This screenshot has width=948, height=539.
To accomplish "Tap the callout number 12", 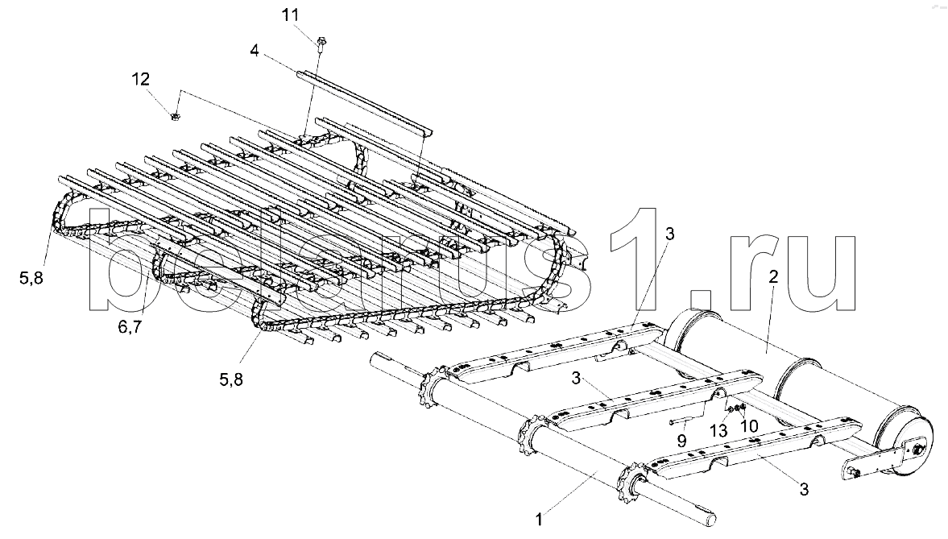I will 140,79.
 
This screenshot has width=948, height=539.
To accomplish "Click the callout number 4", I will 254,50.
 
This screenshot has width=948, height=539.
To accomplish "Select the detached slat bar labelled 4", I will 362,104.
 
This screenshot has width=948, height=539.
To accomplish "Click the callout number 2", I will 772,276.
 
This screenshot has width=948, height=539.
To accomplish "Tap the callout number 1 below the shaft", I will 540,511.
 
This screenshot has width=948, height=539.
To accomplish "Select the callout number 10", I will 749,425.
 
